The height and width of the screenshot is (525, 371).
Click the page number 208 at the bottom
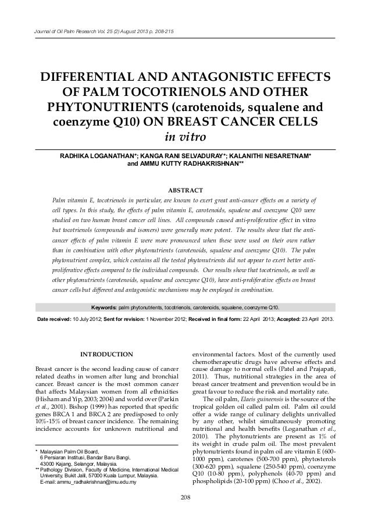pos(185,497)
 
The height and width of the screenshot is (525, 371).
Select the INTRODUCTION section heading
pos(106,354)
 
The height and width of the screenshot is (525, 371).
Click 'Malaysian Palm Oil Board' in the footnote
pos(69,451)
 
